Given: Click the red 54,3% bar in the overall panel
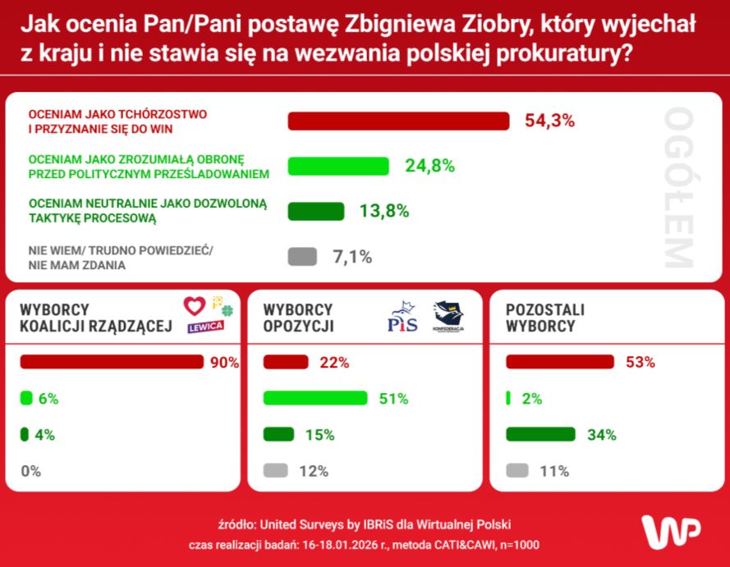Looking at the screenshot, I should [x=398, y=121].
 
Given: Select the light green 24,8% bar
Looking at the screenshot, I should [x=337, y=166].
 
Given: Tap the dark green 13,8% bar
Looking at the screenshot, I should [x=316, y=211].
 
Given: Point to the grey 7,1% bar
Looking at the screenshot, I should [x=302, y=257].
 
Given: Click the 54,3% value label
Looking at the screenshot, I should [x=549, y=121].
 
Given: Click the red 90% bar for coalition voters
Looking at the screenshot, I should [x=111, y=362].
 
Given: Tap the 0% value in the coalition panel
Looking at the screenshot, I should [x=31, y=471].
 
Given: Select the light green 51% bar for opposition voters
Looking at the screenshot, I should [x=314, y=399].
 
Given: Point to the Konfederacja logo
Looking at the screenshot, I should [x=448, y=316].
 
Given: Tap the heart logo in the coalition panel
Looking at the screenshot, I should [x=194, y=306].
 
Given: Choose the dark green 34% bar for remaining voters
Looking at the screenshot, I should [x=540, y=435].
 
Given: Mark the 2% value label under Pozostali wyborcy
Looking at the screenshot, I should [x=532, y=399].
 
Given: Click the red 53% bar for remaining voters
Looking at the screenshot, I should [x=559, y=362].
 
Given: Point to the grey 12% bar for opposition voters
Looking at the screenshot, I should [x=275, y=471].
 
